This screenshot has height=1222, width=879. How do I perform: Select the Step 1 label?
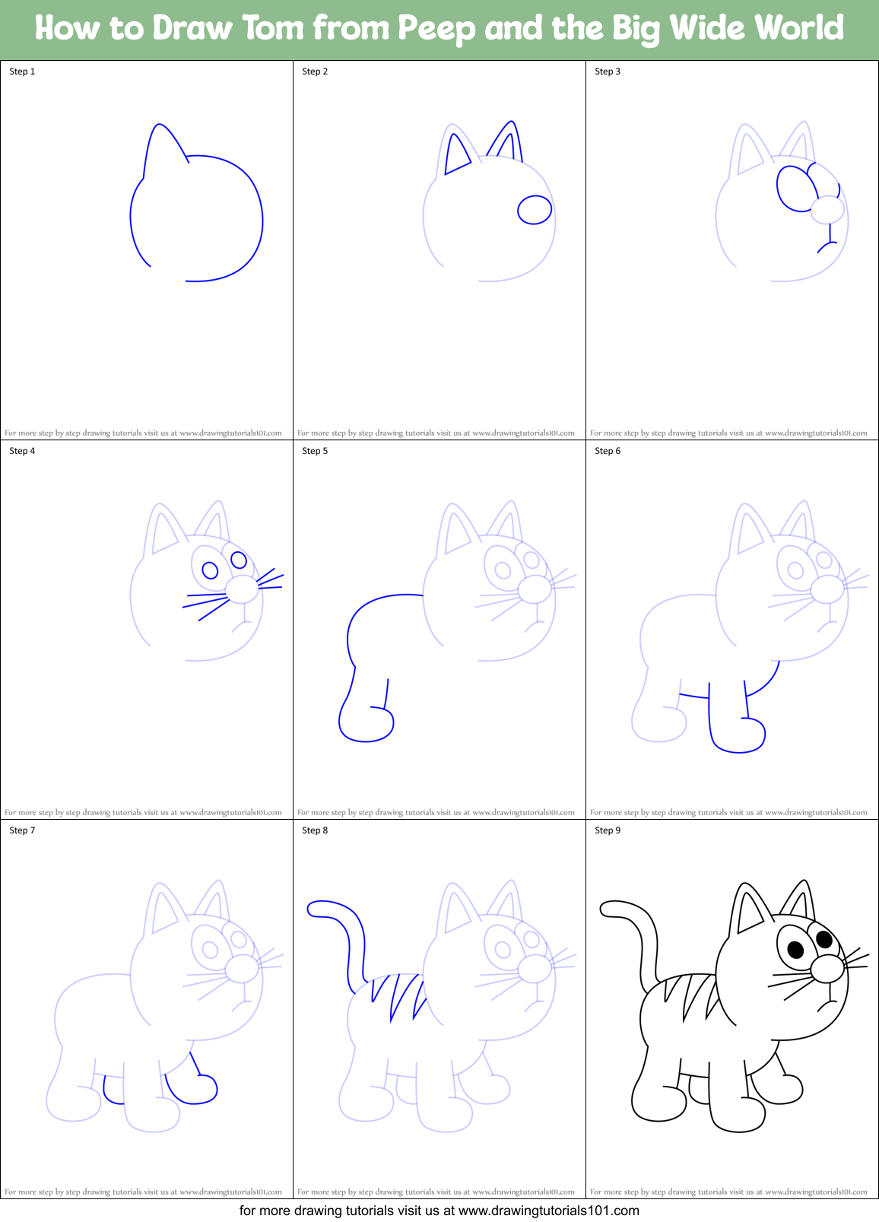click(x=22, y=71)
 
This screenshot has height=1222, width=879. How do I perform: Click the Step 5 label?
click(x=315, y=451)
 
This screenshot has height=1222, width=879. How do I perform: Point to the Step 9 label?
click(x=608, y=830)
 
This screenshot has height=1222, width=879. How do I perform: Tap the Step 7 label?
click(x=22, y=830)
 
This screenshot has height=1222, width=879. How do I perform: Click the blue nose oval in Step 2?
click(x=535, y=210)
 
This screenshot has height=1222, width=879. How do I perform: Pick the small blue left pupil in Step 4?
click(x=210, y=570)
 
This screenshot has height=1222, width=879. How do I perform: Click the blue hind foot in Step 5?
click(x=367, y=725)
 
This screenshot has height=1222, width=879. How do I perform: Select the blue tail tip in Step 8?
click(x=313, y=908)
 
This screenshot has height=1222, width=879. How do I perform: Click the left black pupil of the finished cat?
click(x=795, y=949)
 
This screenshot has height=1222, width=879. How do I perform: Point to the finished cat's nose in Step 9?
click(x=827, y=968)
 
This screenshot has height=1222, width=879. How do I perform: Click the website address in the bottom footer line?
click(x=548, y=1211)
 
